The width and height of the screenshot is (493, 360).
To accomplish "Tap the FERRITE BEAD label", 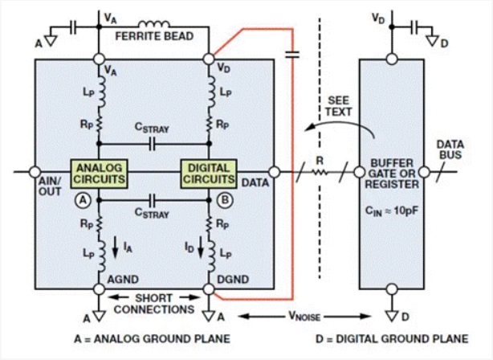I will (154, 36).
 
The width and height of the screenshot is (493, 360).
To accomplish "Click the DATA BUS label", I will (450, 148).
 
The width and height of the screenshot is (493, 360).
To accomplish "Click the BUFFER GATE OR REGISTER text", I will (393, 172).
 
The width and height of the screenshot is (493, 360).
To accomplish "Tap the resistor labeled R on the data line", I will (320, 170).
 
